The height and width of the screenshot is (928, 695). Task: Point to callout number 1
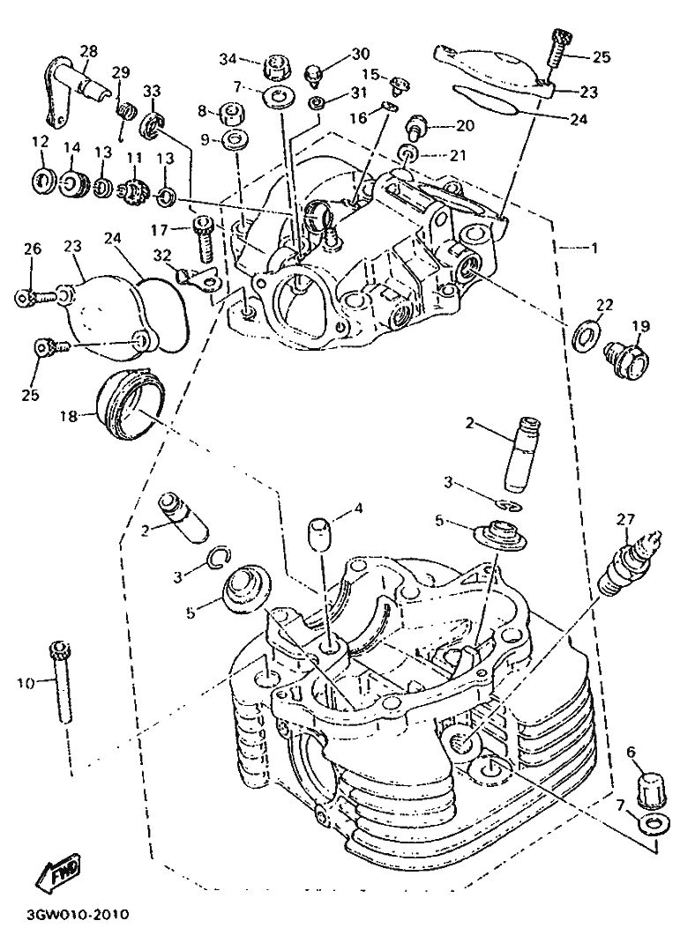pos(594,249)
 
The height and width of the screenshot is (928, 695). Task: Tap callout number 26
pos(33,250)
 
